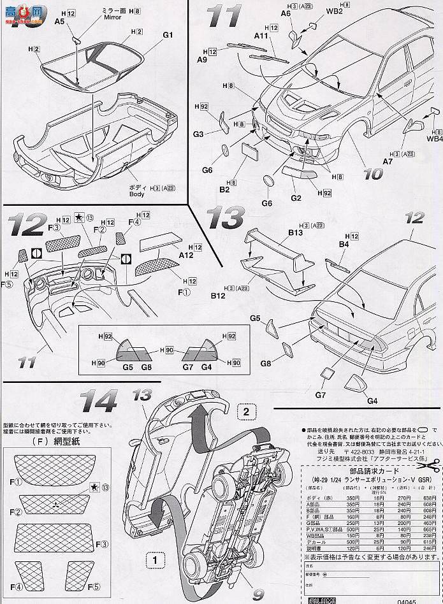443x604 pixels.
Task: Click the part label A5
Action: click(59, 20)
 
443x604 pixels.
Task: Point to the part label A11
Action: click(259, 37)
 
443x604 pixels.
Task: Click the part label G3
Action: click(198, 135)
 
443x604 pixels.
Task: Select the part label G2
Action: click(296, 198)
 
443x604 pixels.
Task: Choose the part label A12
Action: click(187, 255)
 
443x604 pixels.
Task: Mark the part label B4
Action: click(344, 243)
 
